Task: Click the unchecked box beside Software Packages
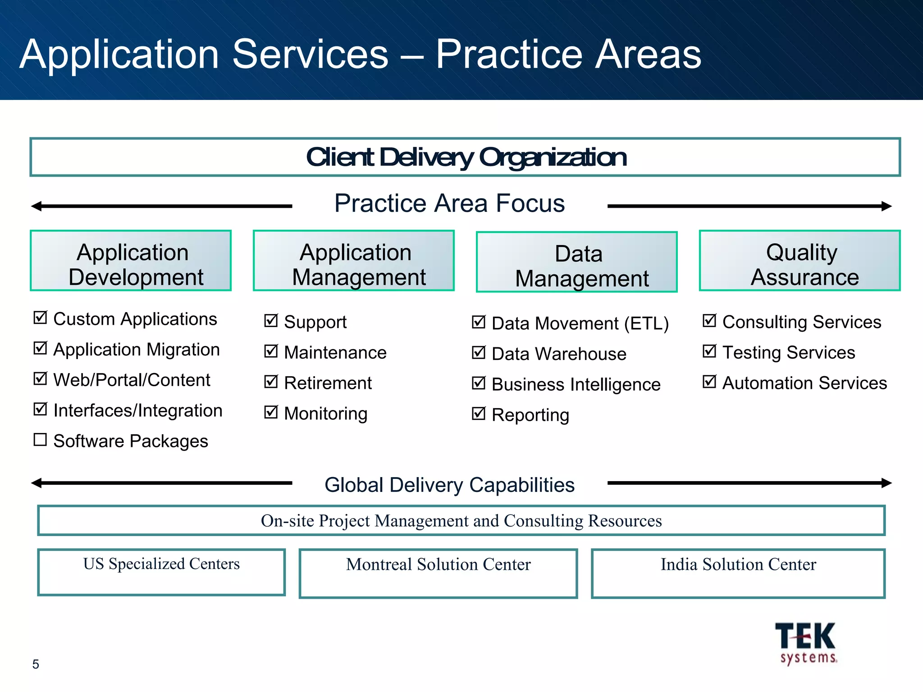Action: click(x=40, y=439)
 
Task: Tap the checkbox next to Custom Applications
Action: click(x=40, y=318)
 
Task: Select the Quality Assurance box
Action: click(x=800, y=261)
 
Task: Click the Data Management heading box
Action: click(x=576, y=262)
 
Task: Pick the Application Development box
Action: click(x=131, y=261)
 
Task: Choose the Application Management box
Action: click(x=353, y=261)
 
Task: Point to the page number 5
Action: click(x=36, y=664)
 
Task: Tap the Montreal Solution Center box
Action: click(x=438, y=573)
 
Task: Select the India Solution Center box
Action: click(x=738, y=573)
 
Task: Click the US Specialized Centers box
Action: click(x=161, y=572)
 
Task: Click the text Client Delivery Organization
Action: click(x=466, y=157)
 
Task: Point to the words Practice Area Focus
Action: click(x=449, y=203)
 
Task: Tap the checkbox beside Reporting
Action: click(x=478, y=413)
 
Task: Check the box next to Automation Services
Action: click(x=709, y=382)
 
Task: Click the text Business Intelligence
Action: click(x=576, y=384)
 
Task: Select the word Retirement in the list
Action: click(x=328, y=383)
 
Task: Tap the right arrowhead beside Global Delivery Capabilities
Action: click(x=886, y=483)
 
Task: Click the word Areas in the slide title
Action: click(x=648, y=55)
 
